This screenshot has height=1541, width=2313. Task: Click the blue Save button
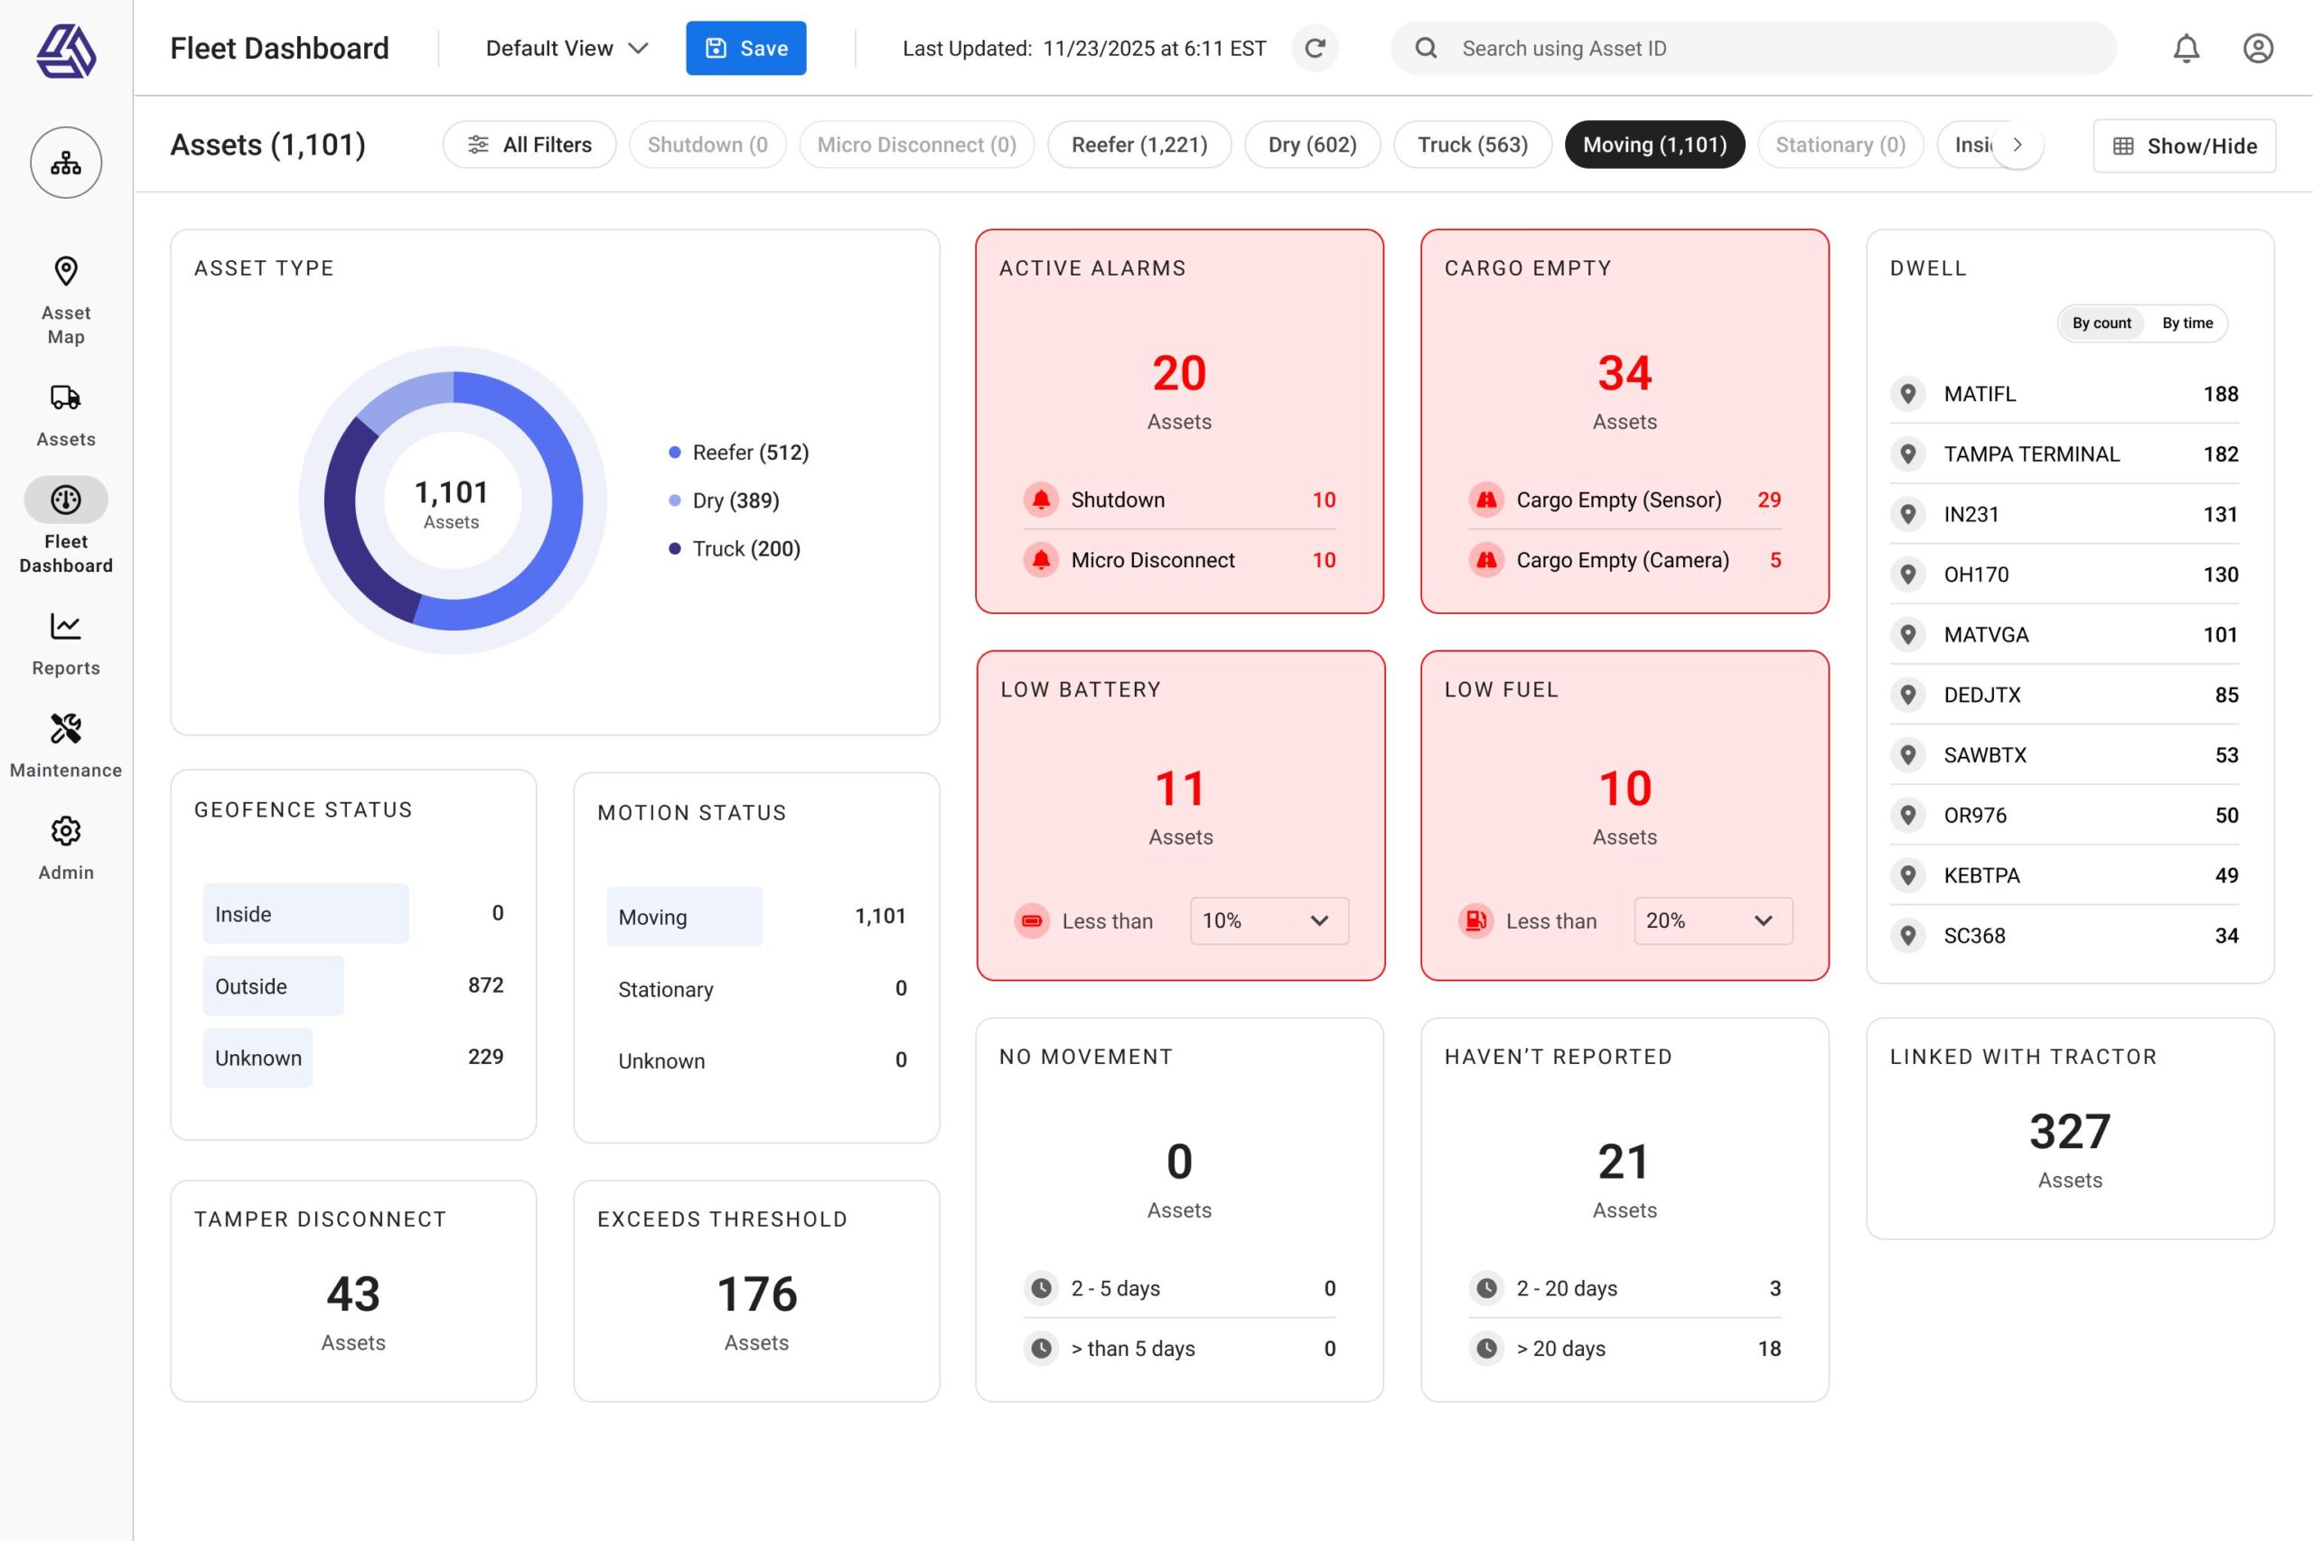coord(745,48)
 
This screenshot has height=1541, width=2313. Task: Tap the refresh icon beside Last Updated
coord(1315,48)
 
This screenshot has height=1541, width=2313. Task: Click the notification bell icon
coord(2186,48)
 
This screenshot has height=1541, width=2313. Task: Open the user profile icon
coord(2257,48)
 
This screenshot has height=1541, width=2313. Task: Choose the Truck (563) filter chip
coord(1472,145)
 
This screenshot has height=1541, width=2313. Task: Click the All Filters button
coord(529,145)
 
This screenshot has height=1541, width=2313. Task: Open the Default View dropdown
coord(567,48)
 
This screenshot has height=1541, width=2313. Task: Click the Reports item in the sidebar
coord(66,643)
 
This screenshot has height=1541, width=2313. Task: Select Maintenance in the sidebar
coord(66,745)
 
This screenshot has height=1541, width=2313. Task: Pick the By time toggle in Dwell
coord(2187,323)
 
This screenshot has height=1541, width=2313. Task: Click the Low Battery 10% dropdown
coord(1268,920)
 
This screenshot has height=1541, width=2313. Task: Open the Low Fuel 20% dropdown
coord(1712,920)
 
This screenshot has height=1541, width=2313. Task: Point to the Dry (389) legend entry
coord(735,500)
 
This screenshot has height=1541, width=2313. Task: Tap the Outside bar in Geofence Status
coord(273,985)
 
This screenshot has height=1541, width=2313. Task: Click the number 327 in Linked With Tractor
coord(2069,1131)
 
